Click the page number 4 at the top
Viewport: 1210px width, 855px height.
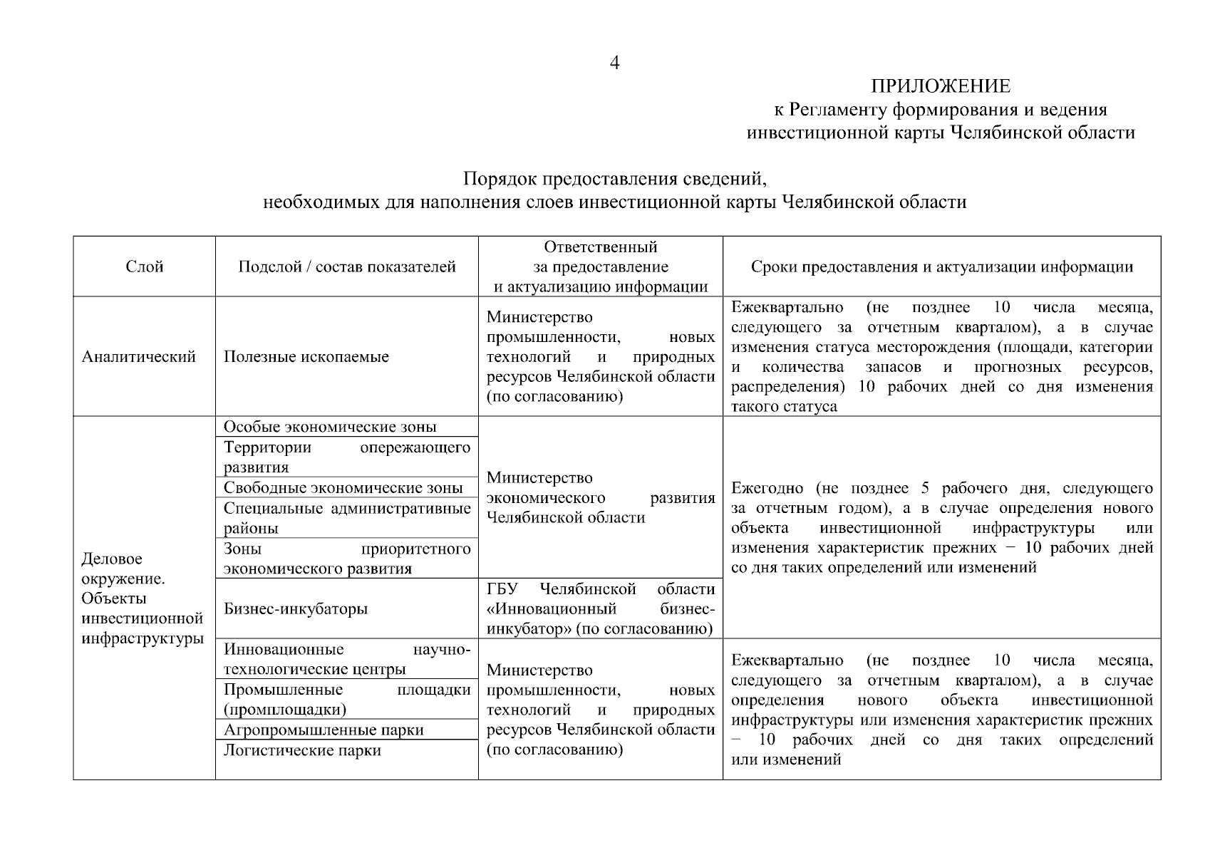click(x=615, y=63)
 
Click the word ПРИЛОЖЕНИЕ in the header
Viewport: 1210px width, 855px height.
click(x=940, y=87)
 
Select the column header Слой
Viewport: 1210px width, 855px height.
click(x=145, y=267)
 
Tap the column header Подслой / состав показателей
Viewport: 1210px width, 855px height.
click(x=347, y=267)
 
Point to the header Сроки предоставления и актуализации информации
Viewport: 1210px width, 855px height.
click(x=941, y=267)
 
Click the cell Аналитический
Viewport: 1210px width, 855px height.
click(x=139, y=357)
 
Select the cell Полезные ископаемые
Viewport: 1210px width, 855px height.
click(x=306, y=357)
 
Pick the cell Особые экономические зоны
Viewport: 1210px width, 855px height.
click(x=330, y=427)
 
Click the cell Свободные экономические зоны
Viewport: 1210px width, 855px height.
click(x=343, y=488)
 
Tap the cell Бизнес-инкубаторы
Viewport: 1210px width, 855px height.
click(x=296, y=609)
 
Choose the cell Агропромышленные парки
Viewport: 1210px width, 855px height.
click(x=324, y=730)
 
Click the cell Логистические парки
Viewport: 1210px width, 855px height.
click(x=302, y=750)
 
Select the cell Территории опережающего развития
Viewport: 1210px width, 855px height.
click(x=347, y=457)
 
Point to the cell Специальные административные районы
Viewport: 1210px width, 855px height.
click(x=347, y=518)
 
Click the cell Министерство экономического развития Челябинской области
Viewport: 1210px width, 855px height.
click(x=600, y=497)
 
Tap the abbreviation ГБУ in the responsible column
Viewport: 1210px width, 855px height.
click(x=502, y=589)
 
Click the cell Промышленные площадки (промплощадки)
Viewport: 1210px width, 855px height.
click(x=347, y=699)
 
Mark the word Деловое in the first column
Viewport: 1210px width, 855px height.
click(x=112, y=559)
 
